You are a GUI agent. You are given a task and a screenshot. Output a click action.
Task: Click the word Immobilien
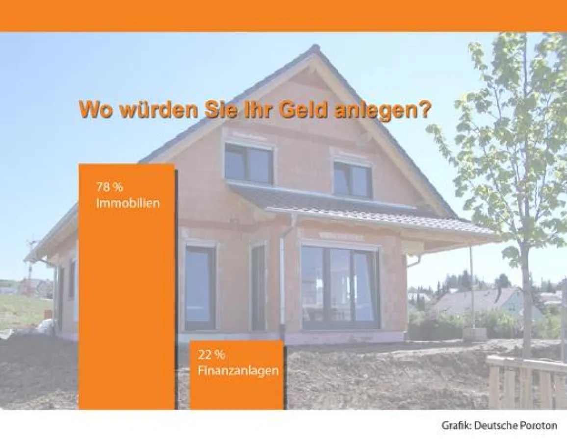[128, 203]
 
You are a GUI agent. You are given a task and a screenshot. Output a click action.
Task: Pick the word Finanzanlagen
[238, 370]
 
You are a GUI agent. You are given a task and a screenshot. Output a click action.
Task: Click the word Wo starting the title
[96, 110]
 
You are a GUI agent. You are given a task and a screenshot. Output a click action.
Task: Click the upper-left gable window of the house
[248, 164]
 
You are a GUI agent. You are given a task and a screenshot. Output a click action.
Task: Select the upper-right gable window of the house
[352, 180]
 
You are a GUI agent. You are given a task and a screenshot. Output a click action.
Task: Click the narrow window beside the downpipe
[258, 287]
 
